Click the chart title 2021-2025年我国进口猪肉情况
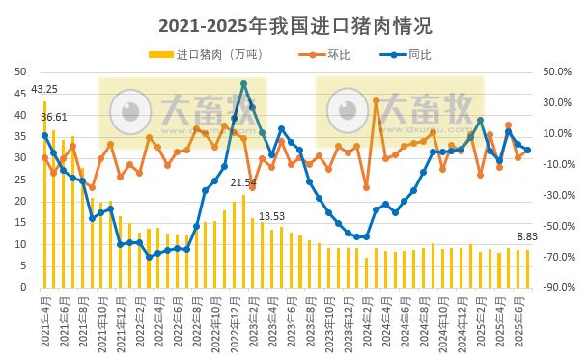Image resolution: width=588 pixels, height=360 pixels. click(x=294, y=25)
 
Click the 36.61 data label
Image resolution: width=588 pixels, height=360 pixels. click(x=54, y=117)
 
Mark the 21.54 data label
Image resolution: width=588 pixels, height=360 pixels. click(x=243, y=182)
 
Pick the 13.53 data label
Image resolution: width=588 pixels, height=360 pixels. click(x=271, y=216)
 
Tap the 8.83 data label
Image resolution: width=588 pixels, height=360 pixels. click(x=527, y=236)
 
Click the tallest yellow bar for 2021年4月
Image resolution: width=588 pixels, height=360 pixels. click(x=44, y=193)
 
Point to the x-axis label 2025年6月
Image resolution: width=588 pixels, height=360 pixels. click(x=518, y=319)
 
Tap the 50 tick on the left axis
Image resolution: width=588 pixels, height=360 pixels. click(x=21, y=71)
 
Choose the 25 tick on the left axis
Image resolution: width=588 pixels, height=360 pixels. click(x=21, y=180)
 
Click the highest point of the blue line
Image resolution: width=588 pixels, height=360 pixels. click(x=243, y=84)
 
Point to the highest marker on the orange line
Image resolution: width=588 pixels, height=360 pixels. click(x=376, y=100)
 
